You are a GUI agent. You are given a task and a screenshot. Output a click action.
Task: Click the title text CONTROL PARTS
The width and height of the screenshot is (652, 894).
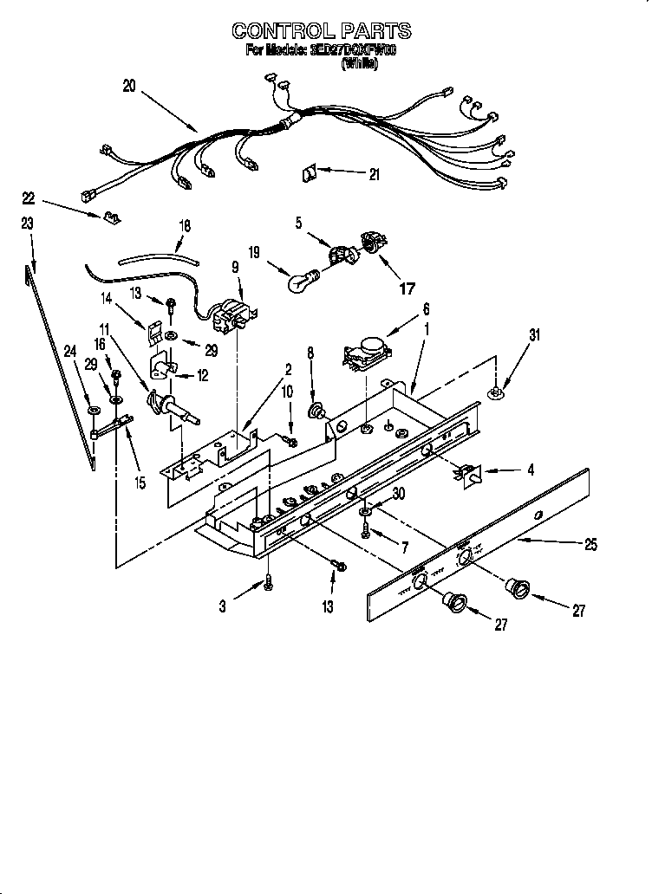pos(321,32)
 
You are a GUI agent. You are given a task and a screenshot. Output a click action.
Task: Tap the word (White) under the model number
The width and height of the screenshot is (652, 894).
pos(360,64)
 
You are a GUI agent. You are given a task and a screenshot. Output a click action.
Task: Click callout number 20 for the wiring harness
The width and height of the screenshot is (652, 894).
pos(129,85)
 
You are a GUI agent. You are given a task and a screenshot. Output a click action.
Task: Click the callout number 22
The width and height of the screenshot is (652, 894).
pos(28,198)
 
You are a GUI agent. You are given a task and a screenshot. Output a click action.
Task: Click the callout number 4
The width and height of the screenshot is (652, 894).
pos(530,470)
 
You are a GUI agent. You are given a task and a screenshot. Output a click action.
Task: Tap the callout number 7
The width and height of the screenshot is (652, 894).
pos(403,547)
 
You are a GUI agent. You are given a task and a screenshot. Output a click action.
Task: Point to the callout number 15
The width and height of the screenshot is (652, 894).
pos(140,483)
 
